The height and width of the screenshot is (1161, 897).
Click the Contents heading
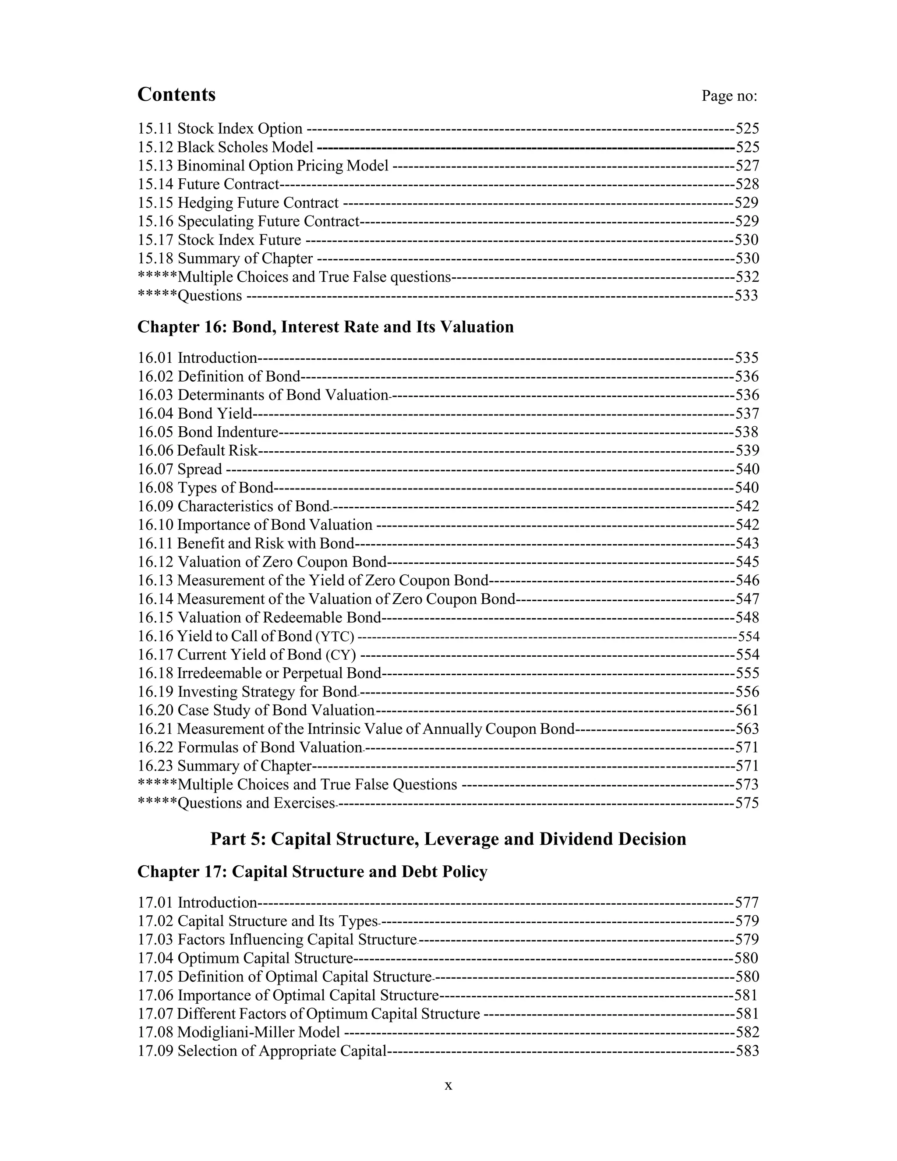pyautogui.click(x=177, y=95)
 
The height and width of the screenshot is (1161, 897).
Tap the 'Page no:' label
pyautogui.click(x=729, y=96)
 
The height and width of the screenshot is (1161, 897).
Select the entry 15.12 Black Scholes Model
pyautogui.click(x=225, y=147)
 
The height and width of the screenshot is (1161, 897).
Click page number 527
pyautogui.click(x=747, y=166)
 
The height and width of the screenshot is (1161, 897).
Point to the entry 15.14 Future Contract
pyautogui.click(x=208, y=184)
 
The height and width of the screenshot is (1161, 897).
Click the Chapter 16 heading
pyautogui.click(x=325, y=326)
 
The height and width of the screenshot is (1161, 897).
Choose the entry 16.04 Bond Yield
pyautogui.click(x=194, y=414)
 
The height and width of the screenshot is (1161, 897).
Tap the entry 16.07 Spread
pyautogui.click(x=180, y=469)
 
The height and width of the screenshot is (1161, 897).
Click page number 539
pyautogui.click(x=747, y=451)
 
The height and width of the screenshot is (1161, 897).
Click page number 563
pyautogui.click(x=747, y=729)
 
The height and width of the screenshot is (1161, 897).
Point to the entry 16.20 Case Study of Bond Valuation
pyautogui.click(x=256, y=711)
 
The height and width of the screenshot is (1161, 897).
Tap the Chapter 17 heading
pyautogui.click(x=312, y=872)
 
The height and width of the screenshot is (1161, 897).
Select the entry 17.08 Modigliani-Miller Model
pyautogui.click(x=239, y=1032)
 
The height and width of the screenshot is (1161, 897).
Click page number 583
pyautogui.click(x=747, y=1051)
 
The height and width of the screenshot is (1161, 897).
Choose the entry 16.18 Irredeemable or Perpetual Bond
pyautogui.click(x=259, y=673)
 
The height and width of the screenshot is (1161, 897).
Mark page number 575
pyautogui.click(x=747, y=803)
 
